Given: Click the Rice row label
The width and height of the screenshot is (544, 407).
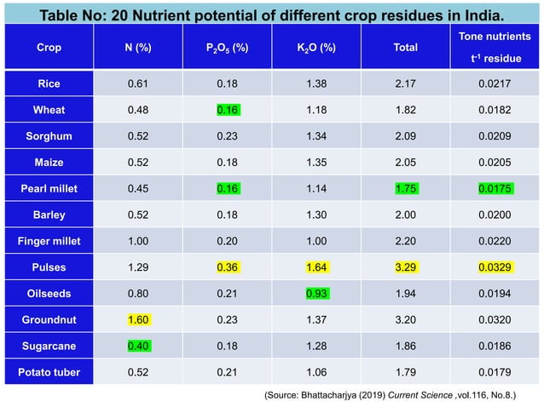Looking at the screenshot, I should (x=49, y=83).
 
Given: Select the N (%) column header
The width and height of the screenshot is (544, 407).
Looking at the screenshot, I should (x=137, y=48).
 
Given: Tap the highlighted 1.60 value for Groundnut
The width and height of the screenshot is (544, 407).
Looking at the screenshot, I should (x=137, y=320).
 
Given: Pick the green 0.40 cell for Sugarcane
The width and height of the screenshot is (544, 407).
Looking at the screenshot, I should (x=137, y=347).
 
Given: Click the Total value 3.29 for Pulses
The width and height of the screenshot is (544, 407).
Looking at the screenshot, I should (x=405, y=267).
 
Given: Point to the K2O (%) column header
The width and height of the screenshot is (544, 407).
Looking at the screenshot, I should (x=315, y=48).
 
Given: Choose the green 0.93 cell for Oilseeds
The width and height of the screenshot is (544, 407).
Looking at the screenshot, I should (x=315, y=294).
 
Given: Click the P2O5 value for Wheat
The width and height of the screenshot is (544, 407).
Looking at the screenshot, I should (x=227, y=110).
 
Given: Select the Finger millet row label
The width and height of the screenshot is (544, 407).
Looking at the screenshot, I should (x=49, y=241).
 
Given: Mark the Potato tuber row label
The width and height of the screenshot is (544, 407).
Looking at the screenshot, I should (x=49, y=373).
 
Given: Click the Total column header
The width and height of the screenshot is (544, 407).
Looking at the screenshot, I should (x=405, y=48).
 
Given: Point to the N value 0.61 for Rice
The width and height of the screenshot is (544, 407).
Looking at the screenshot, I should (x=137, y=83).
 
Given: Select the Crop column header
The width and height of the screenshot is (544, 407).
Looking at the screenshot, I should (x=49, y=48).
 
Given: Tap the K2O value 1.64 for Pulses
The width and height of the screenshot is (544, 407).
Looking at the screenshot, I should (x=315, y=267).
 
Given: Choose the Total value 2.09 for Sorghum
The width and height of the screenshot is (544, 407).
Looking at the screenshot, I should (x=405, y=136).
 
